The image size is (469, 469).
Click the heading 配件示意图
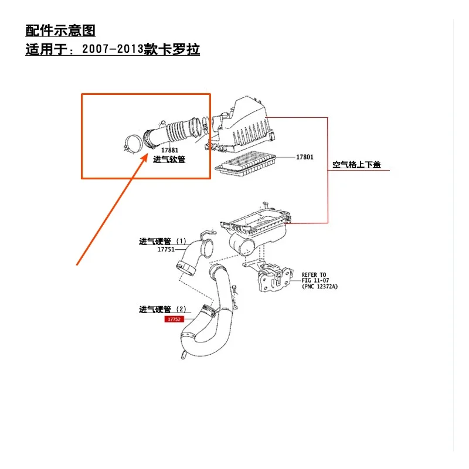point(60,30)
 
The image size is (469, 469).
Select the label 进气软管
point(169,159)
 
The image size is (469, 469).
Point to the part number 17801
point(304,157)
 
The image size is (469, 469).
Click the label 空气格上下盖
point(356,165)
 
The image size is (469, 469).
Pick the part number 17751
point(166,249)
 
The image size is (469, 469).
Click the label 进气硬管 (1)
point(162,241)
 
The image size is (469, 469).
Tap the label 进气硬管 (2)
point(162,309)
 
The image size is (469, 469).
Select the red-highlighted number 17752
point(174,320)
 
